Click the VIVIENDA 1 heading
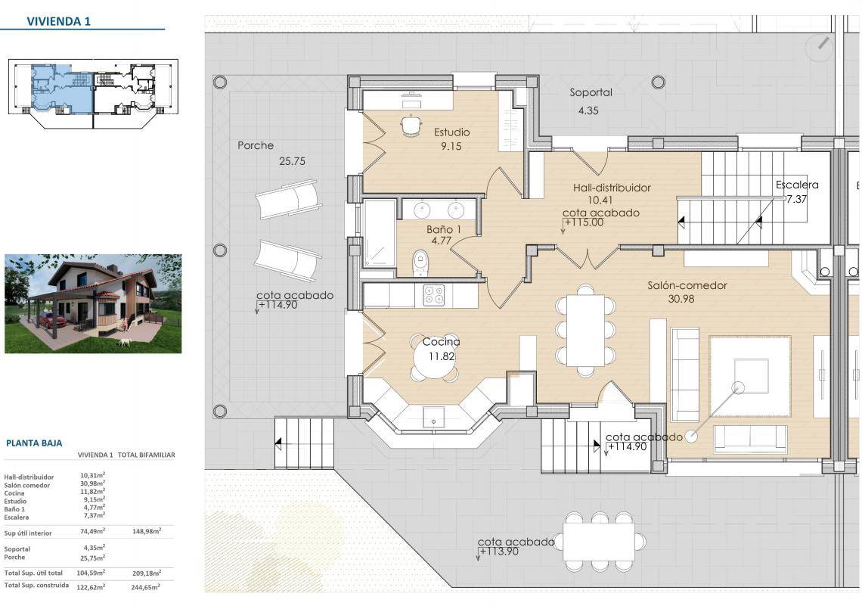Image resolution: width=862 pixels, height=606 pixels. (x=59, y=21)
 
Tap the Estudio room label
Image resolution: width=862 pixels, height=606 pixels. (x=452, y=132)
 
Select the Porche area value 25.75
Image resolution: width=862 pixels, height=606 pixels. (x=292, y=161)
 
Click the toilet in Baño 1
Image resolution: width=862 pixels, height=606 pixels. (x=420, y=263)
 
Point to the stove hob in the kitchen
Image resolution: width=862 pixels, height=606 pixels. (x=434, y=295)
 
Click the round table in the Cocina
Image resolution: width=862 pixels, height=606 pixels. (x=434, y=357)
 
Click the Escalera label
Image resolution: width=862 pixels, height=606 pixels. (x=797, y=185)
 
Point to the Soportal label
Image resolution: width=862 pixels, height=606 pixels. (x=591, y=92)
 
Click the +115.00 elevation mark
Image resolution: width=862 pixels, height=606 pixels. (x=584, y=222)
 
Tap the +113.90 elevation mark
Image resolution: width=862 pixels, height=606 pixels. (x=498, y=552)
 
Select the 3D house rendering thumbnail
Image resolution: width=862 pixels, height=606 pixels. (x=93, y=303)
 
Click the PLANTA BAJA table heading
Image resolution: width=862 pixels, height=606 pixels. (x=34, y=443)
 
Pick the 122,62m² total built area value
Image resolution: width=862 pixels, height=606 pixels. (x=91, y=587)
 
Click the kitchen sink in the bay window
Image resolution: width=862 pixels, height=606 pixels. (x=433, y=417)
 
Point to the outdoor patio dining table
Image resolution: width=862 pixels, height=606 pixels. (x=599, y=542)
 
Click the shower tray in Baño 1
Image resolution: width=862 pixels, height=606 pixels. (x=380, y=233)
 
